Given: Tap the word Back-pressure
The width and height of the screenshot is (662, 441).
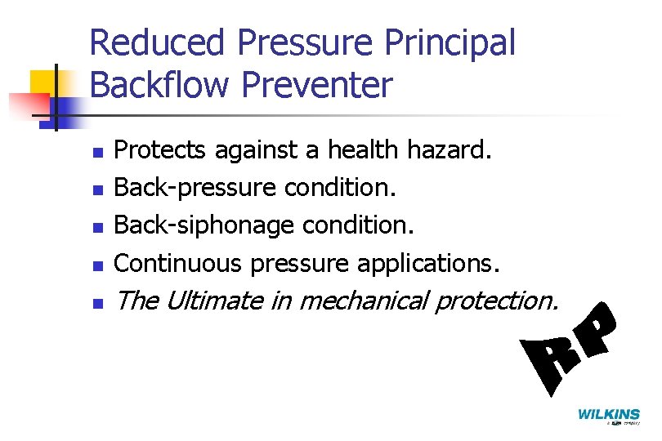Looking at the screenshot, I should (x=195, y=188).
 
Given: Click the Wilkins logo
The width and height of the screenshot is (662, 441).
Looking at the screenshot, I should (x=609, y=415).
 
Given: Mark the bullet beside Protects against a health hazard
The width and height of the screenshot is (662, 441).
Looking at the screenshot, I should (x=97, y=152).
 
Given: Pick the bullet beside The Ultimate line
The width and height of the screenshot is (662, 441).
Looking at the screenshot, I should (x=97, y=303).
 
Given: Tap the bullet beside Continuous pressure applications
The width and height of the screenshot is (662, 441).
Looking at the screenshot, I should (x=97, y=264).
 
